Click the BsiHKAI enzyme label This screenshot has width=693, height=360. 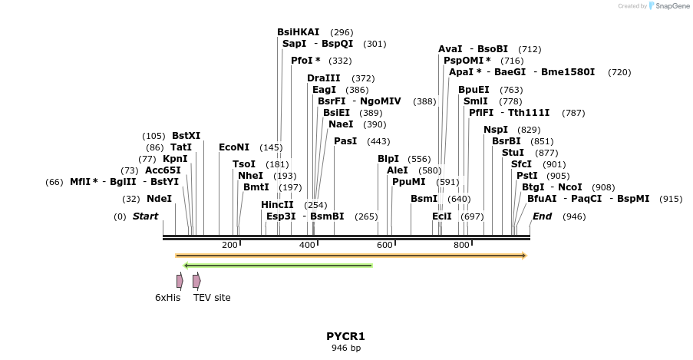tap(299, 32)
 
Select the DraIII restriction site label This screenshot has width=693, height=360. tap(323, 78)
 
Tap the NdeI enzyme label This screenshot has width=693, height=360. tap(160, 198)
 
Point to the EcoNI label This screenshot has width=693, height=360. tap(234, 147)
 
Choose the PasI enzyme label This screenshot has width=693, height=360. tap(345, 141)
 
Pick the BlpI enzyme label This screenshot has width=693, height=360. tap(388, 159)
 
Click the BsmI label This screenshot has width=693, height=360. tap(424, 198)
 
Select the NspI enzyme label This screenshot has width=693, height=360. tap(496, 129)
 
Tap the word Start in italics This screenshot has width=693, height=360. tap(145, 216)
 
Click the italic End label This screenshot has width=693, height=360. tap(542, 216)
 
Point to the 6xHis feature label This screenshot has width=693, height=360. tap(167, 298)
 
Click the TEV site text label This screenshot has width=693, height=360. tap(212, 298)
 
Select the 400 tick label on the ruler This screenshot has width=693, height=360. tap(307, 245)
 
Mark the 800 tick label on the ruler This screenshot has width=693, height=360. tap(461, 245)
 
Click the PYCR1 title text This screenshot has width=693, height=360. tap(345, 336)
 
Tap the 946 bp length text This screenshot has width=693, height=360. tap(345, 348)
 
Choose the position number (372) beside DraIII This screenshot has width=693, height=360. tap(363, 78)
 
